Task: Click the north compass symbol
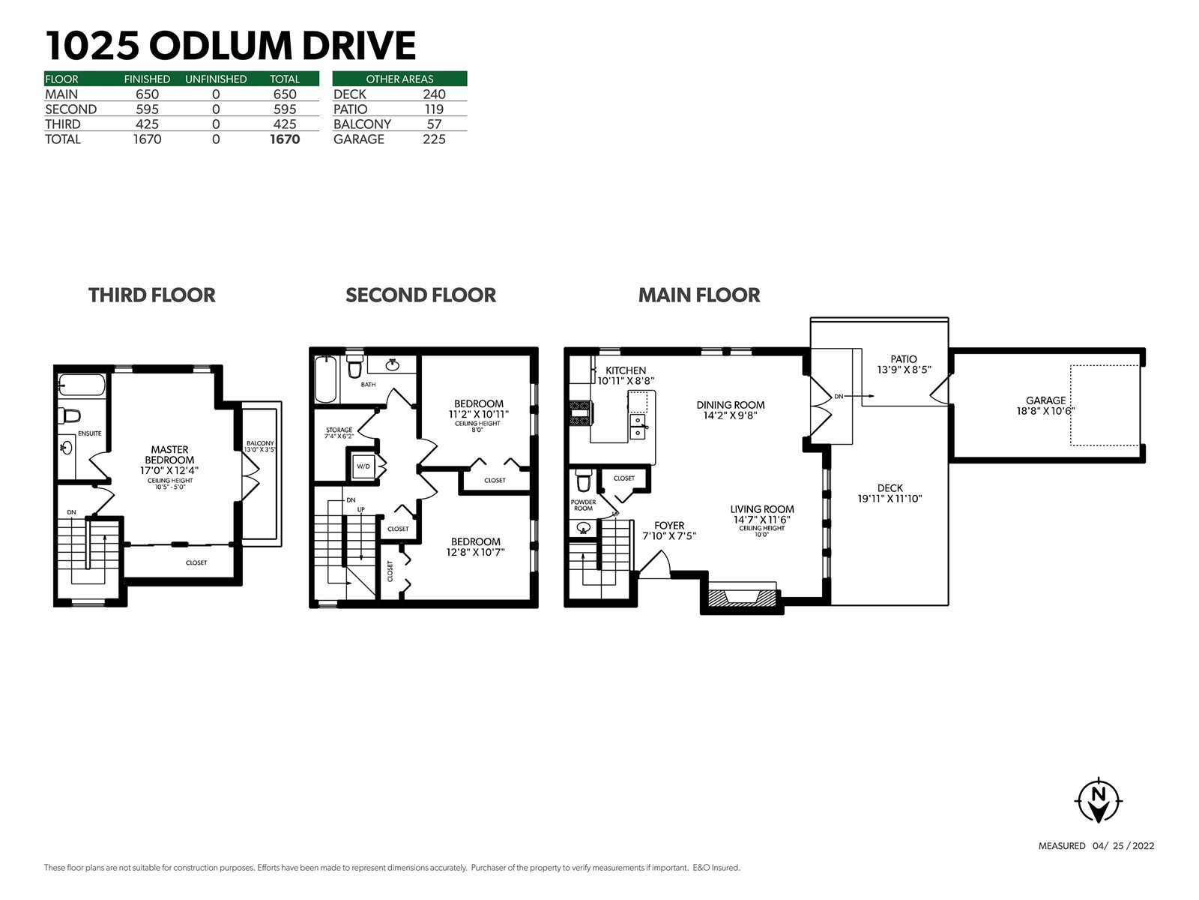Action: coord(1098,799)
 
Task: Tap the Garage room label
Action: coord(1045,400)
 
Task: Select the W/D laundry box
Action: coord(363,466)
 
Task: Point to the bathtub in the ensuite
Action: coord(82,385)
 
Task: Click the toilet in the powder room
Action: coord(583,481)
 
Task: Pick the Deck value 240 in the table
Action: coord(434,94)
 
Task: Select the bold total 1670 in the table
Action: coord(285,139)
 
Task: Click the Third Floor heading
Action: coord(152,295)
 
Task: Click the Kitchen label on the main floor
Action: coord(626,370)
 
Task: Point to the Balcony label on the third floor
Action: coord(260,443)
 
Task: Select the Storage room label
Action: coord(339,430)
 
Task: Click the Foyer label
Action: coord(669,526)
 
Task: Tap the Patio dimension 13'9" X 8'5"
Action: coord(904,370)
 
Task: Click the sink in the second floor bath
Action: coord(392,365)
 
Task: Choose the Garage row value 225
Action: coord(434,139)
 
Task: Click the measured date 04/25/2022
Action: coord(1123,846)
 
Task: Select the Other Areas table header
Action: coord(400,79)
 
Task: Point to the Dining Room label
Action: coord(731,405)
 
